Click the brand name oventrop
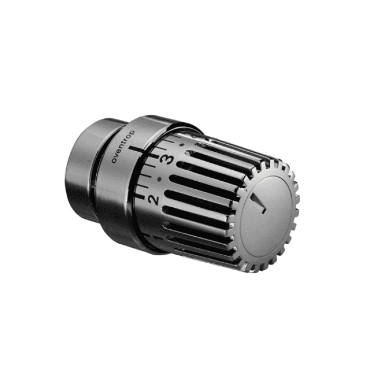click(x=123, y=146)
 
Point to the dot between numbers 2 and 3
click(x=160, y=179)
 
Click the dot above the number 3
click(x=181, y=145)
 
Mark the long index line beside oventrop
click(x=136, y=149)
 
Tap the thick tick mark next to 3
click(x=154, y=156)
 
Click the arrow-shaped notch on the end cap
click(x=259, y=203)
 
